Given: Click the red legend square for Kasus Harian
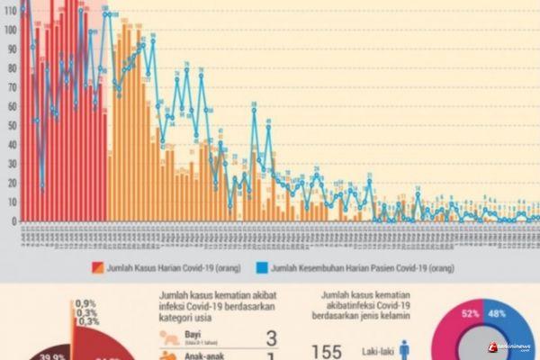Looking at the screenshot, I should click(93, 267).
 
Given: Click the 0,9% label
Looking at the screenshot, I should click(86, 302).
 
